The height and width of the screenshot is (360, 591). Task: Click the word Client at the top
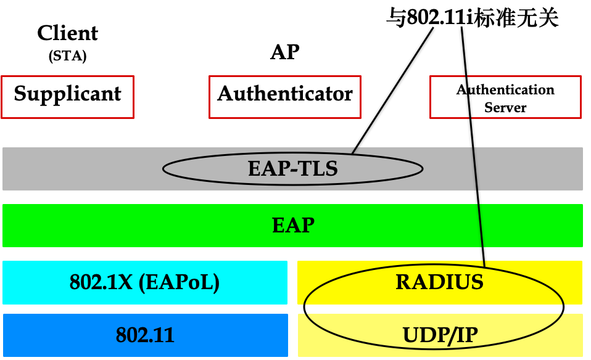67,33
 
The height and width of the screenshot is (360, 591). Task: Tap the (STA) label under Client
67,57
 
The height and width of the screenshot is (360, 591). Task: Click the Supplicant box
68,96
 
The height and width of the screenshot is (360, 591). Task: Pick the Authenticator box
285,96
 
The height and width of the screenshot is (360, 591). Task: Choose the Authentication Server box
505,97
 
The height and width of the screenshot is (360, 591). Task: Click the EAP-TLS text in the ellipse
293,168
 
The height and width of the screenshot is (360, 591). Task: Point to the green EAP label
293,226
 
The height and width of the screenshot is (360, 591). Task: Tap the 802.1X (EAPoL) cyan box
145,282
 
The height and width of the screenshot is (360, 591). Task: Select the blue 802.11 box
145,335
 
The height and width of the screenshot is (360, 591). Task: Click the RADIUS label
439,282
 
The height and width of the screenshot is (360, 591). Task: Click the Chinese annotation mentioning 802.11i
473,18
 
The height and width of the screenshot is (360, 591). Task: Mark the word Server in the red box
505,107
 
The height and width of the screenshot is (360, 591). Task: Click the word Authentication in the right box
505,90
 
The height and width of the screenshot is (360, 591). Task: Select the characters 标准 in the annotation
498,18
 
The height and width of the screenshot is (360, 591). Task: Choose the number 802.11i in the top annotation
439,18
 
